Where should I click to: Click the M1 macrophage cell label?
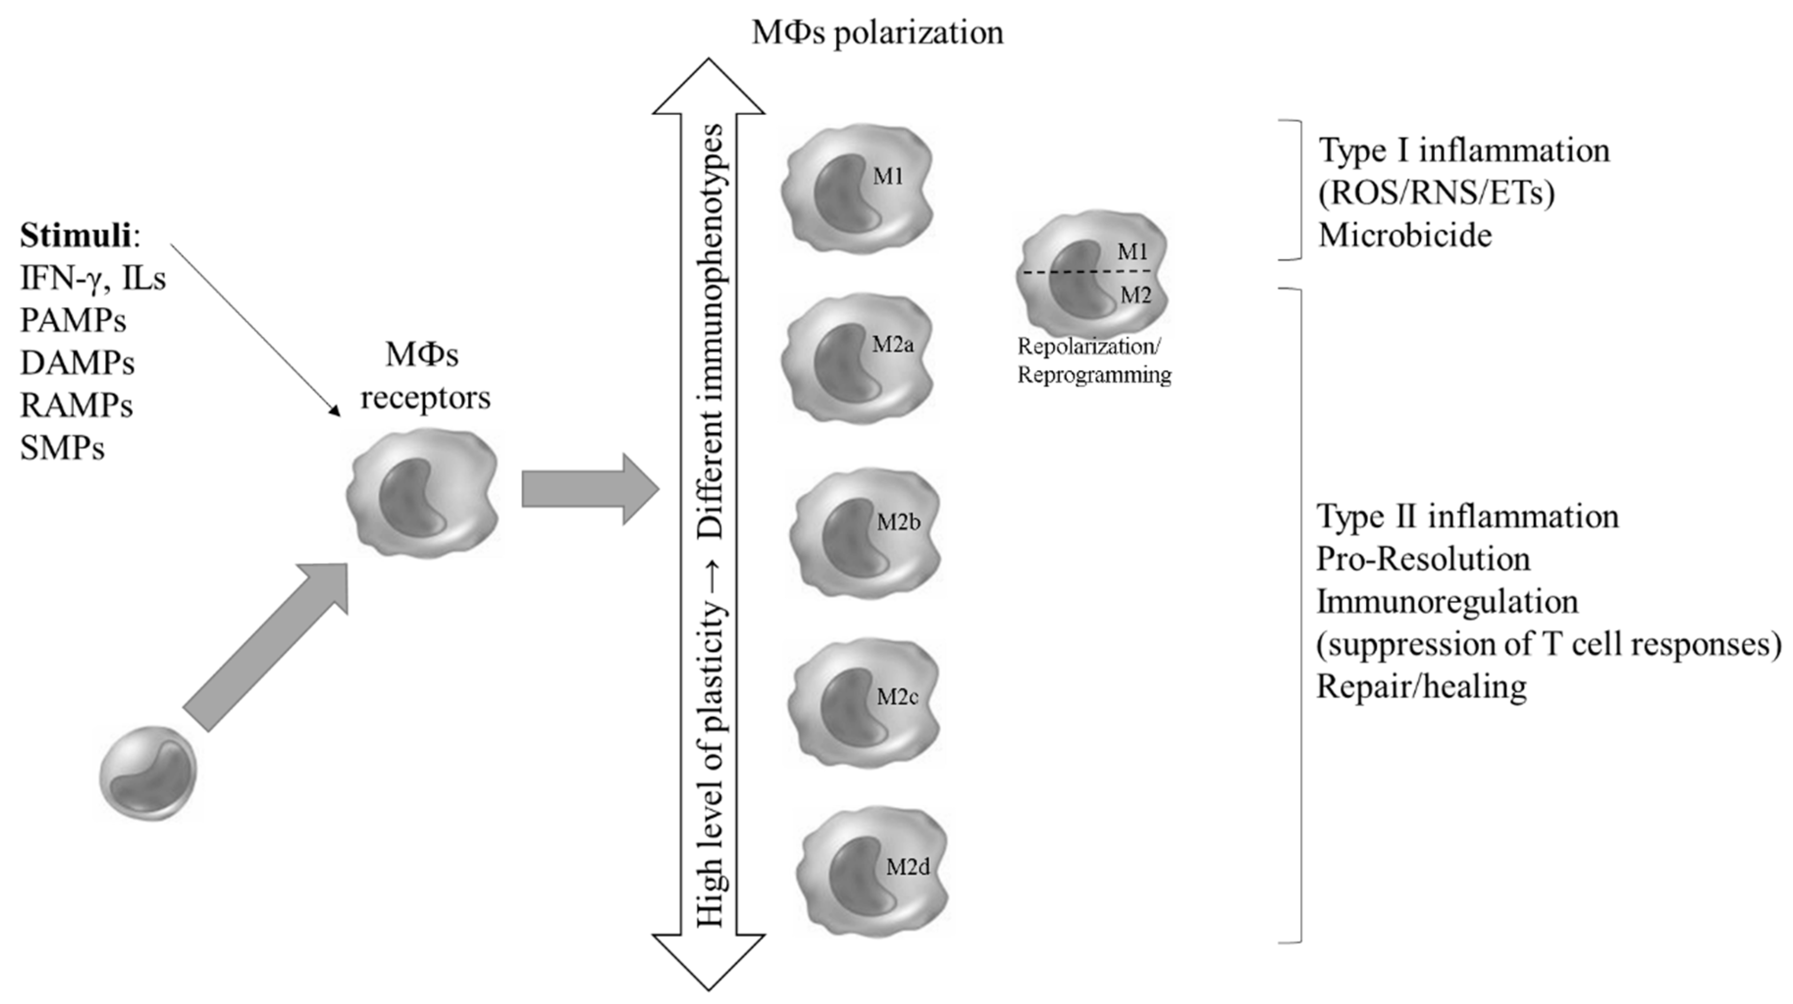pyautogui.click(x=888, y=177)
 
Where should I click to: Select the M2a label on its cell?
pyautogui.click(x=893, y=344)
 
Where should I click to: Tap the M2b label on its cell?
pyautogui.click(x=898, y=522)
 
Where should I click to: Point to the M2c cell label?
pyautogui.click(x=897, y=697)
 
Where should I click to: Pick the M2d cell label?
pyautogui.click(x=908, y=867)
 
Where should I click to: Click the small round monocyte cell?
pyautogui.click(x=148, y=773)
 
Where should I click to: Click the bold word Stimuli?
pyautogui.click(x=75, y=236)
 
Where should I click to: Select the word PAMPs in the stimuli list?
pyautogui.click(x=73, y=321)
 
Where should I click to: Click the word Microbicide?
pyautogui.click(x=1404, y=236)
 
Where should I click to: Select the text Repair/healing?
pyautogui.click(x=1421, y=687)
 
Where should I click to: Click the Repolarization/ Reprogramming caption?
pyautogui.click(x=1093, y=361)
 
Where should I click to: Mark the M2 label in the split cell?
pyautogui.click(x=1135, y=295)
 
